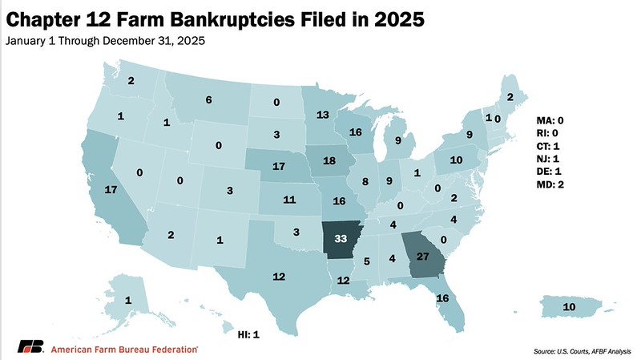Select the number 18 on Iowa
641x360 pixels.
pos(329,160)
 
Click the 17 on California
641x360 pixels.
pos(112,191)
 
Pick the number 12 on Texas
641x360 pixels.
pos(279,276)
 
